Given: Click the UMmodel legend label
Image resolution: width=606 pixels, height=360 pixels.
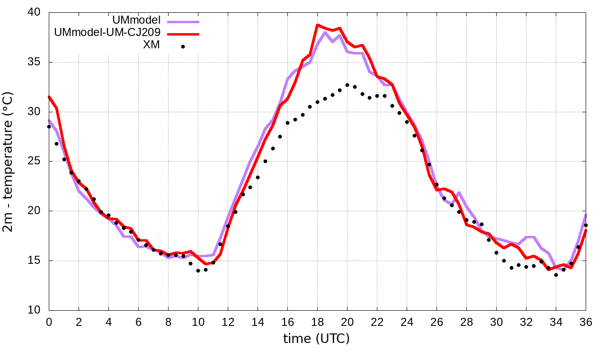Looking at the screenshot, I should click(137, 20).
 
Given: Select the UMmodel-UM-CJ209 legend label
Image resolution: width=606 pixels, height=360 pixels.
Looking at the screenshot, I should click(107, 33).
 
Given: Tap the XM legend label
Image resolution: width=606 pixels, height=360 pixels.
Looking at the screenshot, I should click(151, 45).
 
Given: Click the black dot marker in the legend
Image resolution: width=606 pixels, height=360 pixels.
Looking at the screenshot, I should click(183, 46).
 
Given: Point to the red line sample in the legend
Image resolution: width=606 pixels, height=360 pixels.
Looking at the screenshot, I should click(183, 34).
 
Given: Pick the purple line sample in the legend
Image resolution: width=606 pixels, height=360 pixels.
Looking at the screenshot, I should click(183, 22).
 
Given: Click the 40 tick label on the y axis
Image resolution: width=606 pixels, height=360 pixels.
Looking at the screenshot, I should click(36, 13).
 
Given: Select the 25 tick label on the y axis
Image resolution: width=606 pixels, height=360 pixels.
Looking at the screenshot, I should click(36, 162).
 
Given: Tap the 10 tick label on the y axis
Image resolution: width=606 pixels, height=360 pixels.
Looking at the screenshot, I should click(36, 310).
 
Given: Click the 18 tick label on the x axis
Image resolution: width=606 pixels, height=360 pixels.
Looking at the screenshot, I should click(317, 322).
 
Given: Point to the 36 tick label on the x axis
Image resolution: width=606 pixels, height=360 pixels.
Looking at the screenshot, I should click(586, 322).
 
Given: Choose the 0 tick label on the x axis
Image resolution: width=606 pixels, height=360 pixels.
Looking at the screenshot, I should click(49, 322).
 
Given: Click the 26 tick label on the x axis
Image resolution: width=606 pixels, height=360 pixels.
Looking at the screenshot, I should click(437, 322).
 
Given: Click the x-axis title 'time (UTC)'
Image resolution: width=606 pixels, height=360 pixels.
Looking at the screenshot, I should click(316, 339).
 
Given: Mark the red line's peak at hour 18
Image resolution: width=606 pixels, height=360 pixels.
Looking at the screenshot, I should click(317, 25).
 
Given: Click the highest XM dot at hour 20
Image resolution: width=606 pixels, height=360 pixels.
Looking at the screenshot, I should click(347, 85).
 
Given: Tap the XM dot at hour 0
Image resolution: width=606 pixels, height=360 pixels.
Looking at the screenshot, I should click(49, 126).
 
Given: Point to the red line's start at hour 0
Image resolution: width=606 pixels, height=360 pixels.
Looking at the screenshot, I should click(49, 97).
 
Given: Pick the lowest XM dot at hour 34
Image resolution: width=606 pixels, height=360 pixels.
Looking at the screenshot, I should click(556, 275).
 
